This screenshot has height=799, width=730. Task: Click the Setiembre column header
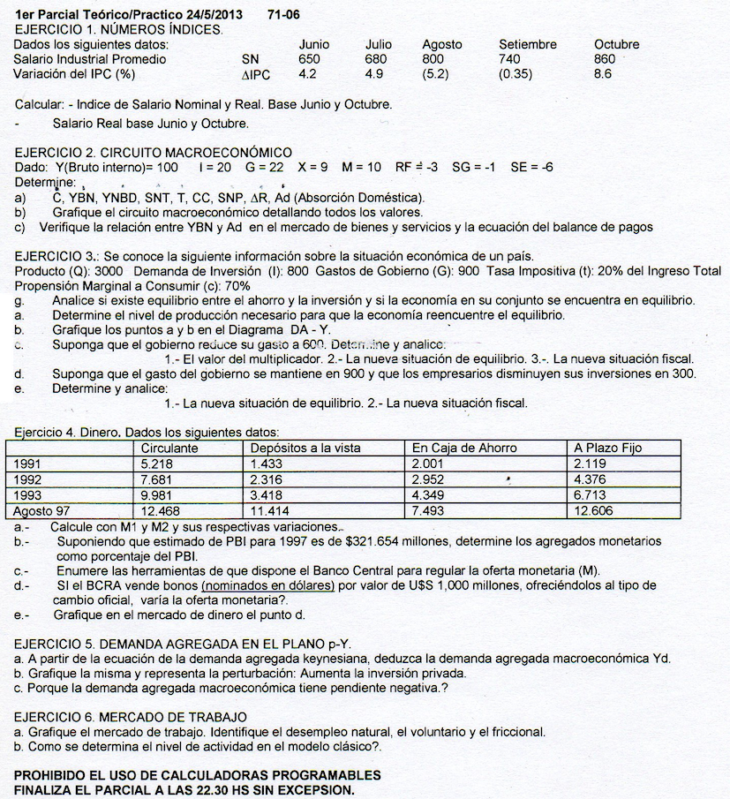[x=527, y=44]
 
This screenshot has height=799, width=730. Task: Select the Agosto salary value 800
[x=434, y=59]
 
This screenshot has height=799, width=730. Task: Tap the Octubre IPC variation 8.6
[x=603, y=74]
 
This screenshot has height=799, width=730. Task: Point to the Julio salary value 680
[x=376, y=59]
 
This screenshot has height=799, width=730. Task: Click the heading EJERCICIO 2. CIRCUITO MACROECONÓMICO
[x=154, y=153]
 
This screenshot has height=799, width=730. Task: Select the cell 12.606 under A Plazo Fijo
[x=592, y=510]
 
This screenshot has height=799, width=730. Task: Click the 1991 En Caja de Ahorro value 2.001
[x=431, y=463]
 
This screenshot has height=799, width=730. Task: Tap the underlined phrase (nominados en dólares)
[x=267, y=584]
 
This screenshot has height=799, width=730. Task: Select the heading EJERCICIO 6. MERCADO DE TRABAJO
[x=131, y=716]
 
